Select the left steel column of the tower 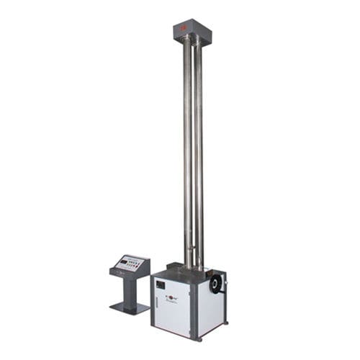tap(186, 144)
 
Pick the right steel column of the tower tap(199, 144)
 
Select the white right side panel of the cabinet tap(212, 310)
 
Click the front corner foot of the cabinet tap(192, 336)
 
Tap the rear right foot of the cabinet tap(225, 321)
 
